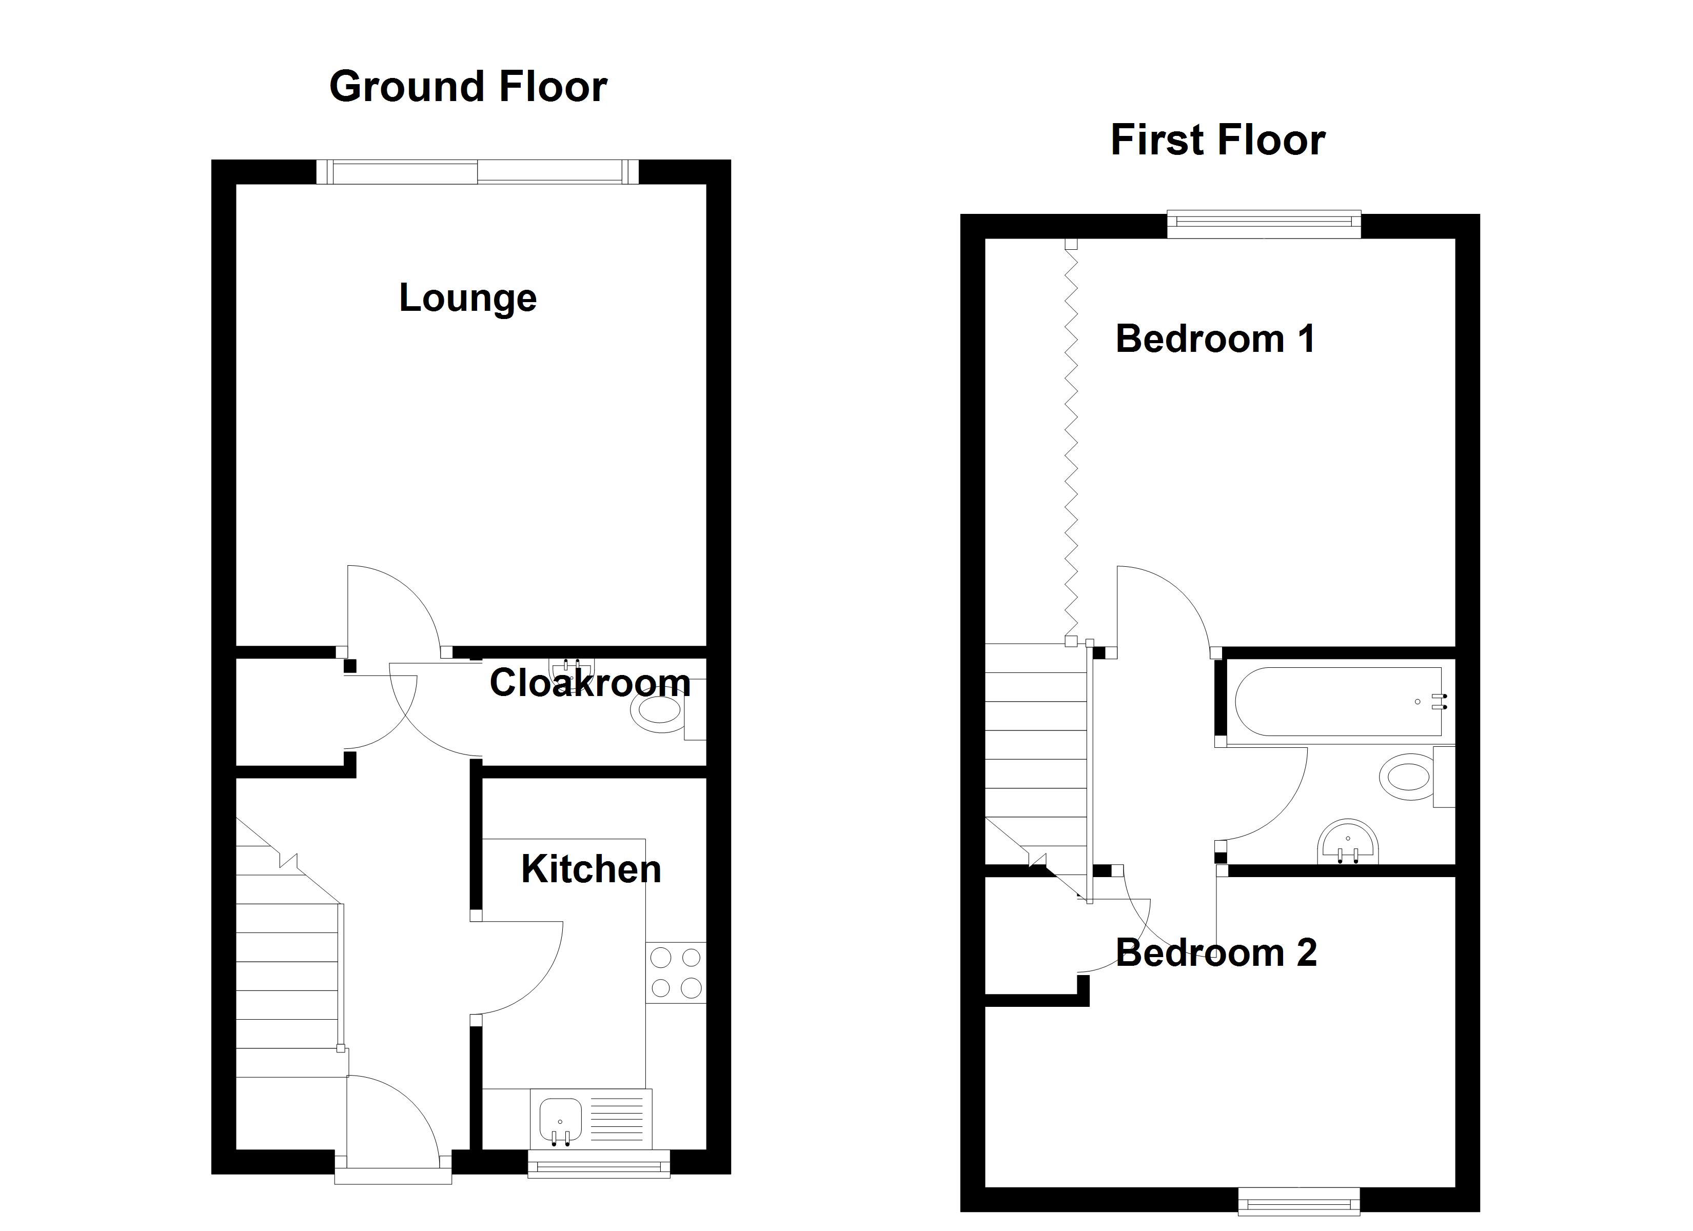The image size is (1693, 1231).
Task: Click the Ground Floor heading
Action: (468, 87)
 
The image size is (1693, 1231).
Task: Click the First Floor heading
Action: (1217, 141)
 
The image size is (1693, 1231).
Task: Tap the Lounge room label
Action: (468, 299)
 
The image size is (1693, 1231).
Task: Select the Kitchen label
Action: (591, 869)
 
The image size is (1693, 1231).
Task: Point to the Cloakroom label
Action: (589, 683)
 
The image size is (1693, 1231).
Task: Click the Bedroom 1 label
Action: (1215, 339)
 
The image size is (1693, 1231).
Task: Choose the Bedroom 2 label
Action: (1216, 952)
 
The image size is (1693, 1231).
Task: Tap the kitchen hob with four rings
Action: (676, 972)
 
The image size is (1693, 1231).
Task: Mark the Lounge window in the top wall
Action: (478, 172)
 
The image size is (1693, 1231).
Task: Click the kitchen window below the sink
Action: (599, 1164)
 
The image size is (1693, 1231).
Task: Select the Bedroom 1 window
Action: (1264, 226)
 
